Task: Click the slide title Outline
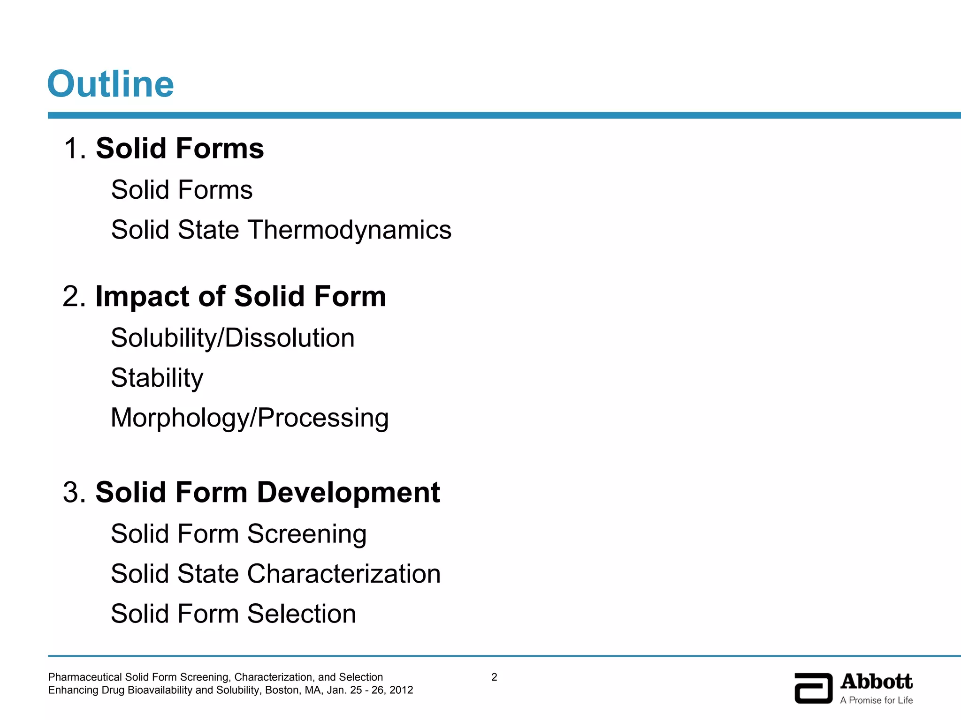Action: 111,84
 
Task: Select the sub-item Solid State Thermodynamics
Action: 281,230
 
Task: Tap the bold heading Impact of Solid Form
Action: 241,296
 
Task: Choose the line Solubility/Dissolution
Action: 233,338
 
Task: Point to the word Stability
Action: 157,378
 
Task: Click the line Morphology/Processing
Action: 250,418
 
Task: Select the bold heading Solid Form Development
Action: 267,492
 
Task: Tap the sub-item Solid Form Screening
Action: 238,533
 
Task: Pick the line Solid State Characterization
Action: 275,574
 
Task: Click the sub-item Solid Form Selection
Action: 233,614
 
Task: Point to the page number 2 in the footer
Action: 494,677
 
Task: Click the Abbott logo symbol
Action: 813,688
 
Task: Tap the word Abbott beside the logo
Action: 877,682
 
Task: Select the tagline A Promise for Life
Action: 877,700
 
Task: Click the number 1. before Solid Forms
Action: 75,149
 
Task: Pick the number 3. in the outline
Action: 75,493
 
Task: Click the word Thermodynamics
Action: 350,230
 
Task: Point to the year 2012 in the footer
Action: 401,690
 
